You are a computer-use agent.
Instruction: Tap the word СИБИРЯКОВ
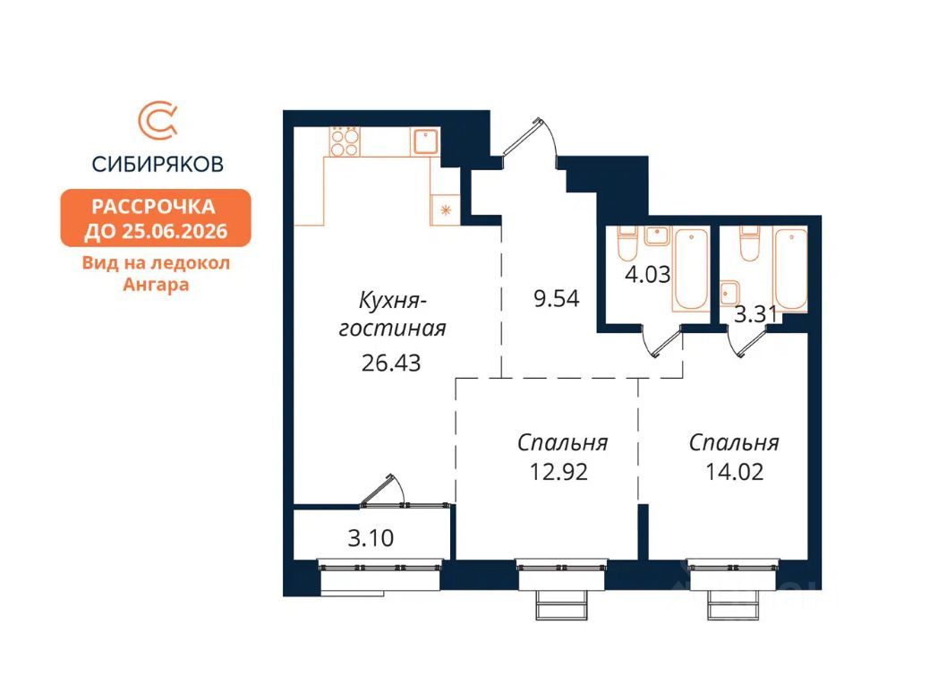[158, 163]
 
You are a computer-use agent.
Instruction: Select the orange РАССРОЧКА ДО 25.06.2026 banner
[156, 218]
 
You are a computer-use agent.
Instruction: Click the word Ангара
[156, 284]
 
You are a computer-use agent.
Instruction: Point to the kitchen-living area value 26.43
[391, 363]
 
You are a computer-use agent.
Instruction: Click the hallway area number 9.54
[557, 298]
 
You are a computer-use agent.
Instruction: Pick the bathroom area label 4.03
[647, 275]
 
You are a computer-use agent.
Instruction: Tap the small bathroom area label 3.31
[755, 314]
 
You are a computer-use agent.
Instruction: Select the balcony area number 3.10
[371, 538]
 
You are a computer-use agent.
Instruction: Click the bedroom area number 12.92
[559, 472]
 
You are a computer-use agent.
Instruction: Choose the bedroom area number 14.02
[735, 472]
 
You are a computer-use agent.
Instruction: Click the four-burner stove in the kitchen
[344, 141]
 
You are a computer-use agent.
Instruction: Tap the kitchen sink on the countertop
[424, 141]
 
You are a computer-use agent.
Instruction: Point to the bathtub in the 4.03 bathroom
[691, 269]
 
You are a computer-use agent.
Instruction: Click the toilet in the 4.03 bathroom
[627, 243]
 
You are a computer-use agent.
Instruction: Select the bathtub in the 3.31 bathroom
[790, 269]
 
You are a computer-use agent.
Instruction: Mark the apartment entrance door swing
[532, 139]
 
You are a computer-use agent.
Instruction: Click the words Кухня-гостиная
[392, 314]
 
